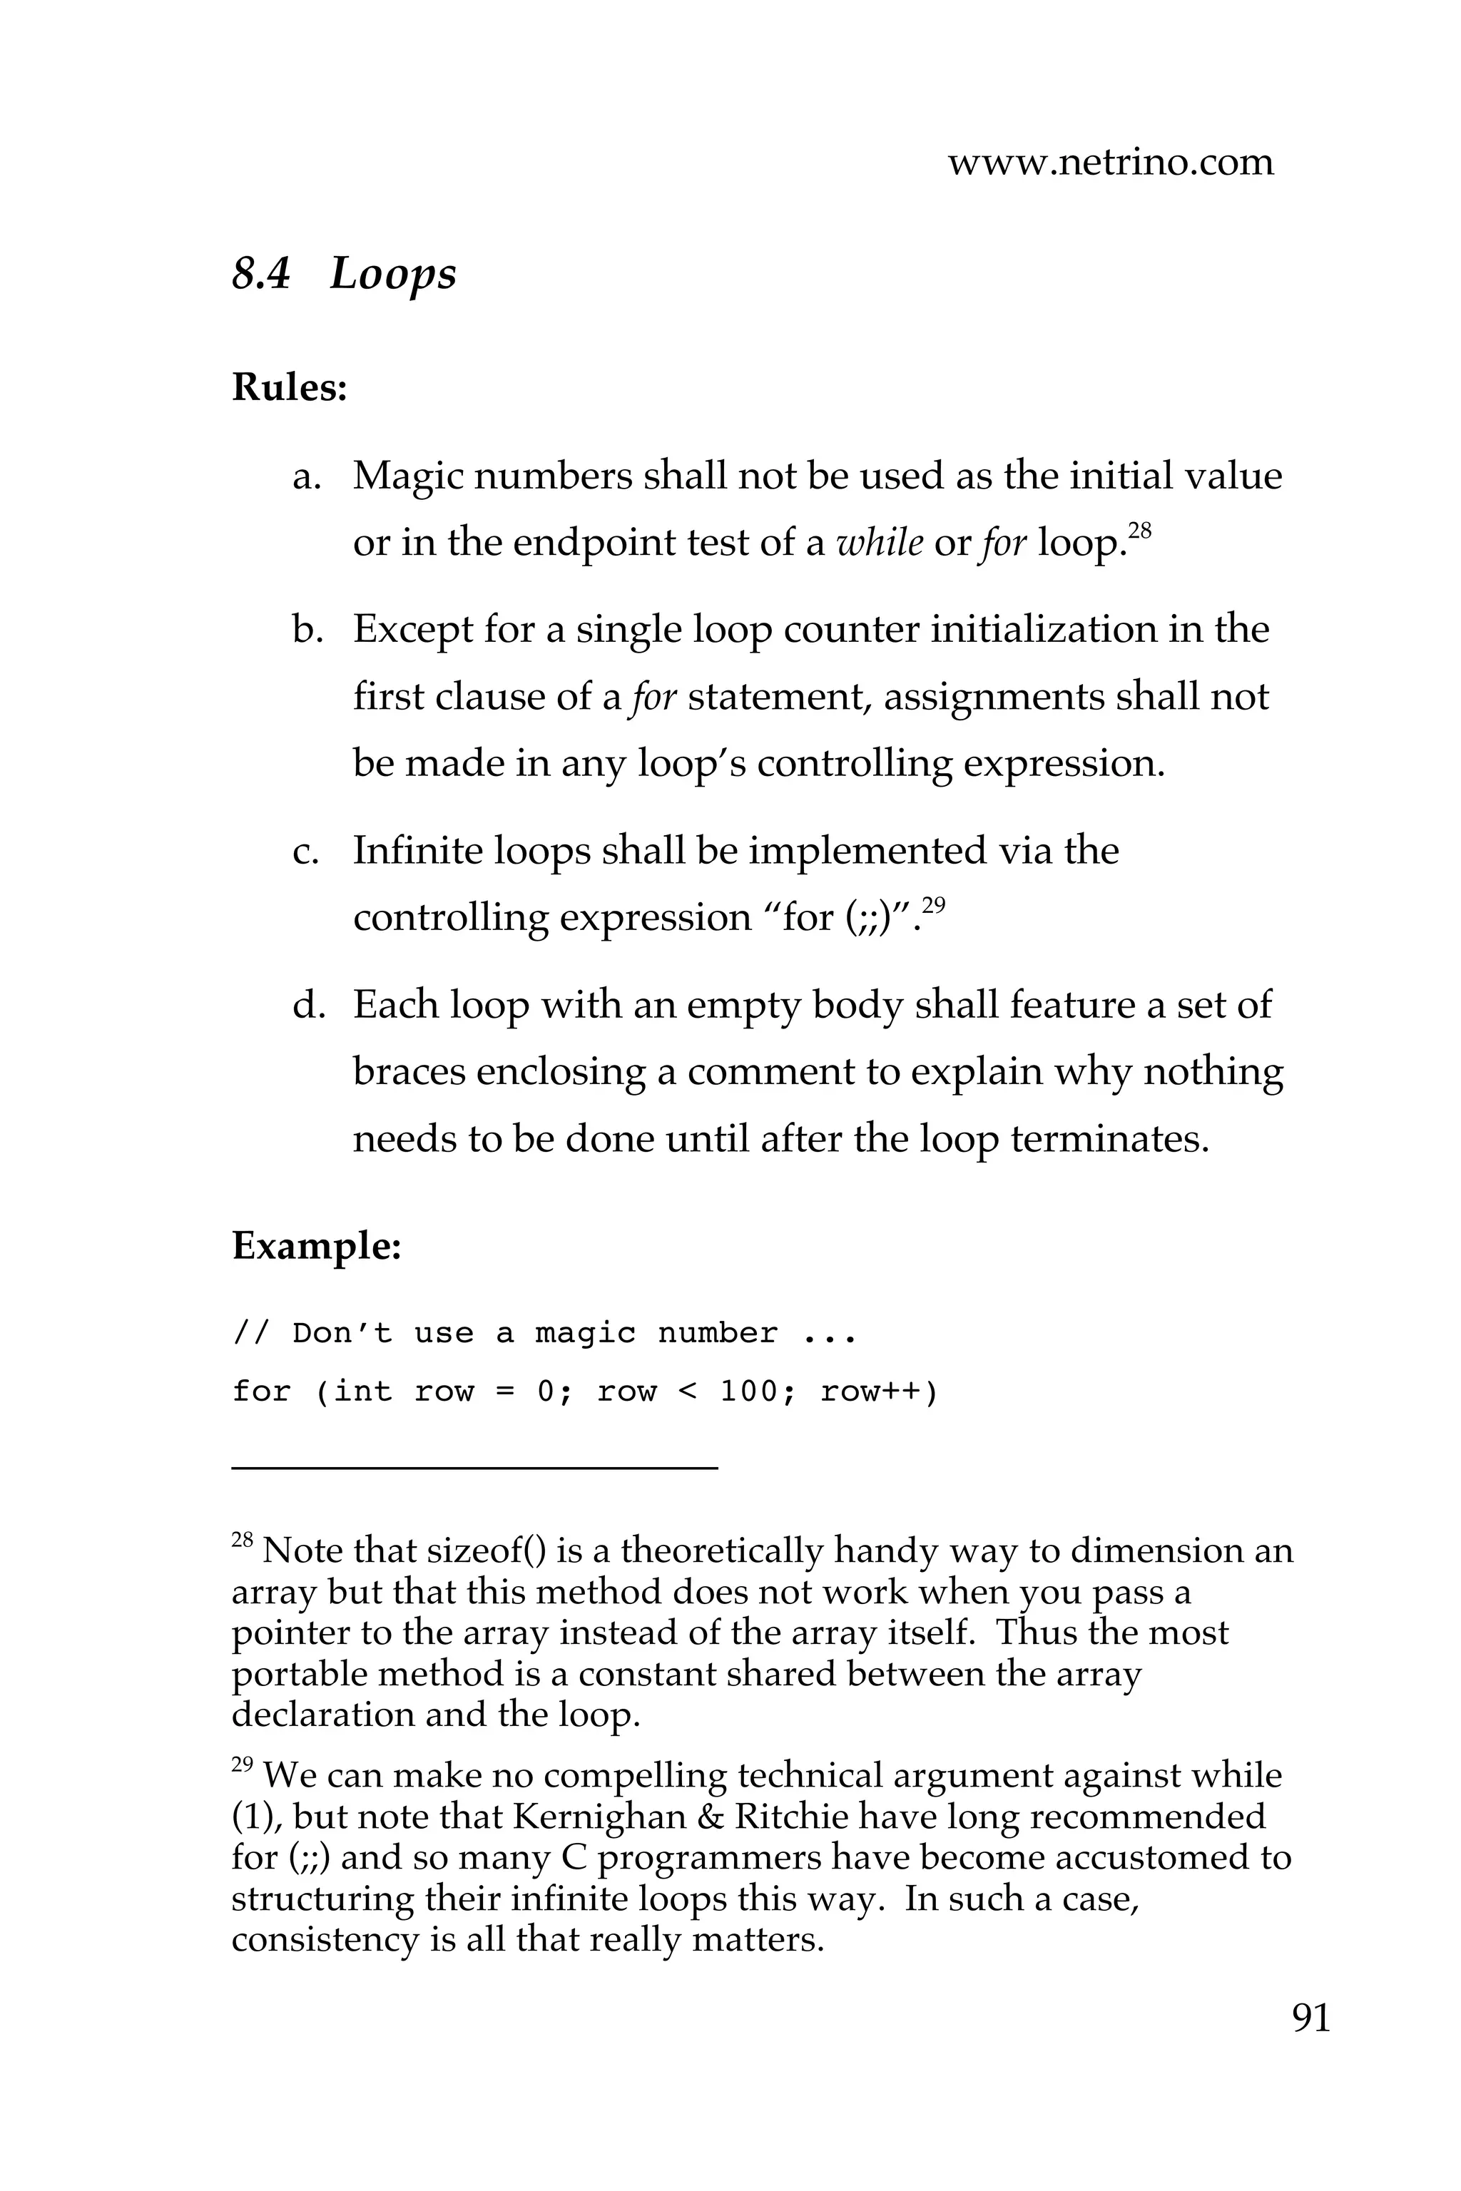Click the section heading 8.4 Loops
[344, 274]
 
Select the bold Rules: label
[289, 387]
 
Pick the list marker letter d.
[307, 1005]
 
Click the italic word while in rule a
[880, 542]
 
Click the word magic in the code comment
[585, 1334]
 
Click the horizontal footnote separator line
[474, 1469]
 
